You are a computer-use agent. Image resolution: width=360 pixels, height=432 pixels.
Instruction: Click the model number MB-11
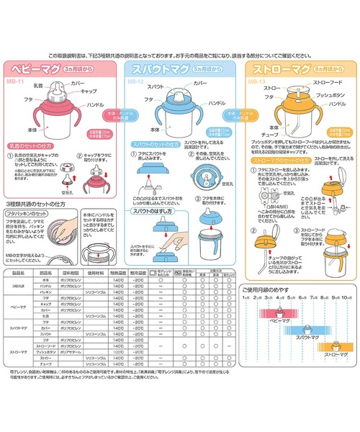17,82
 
